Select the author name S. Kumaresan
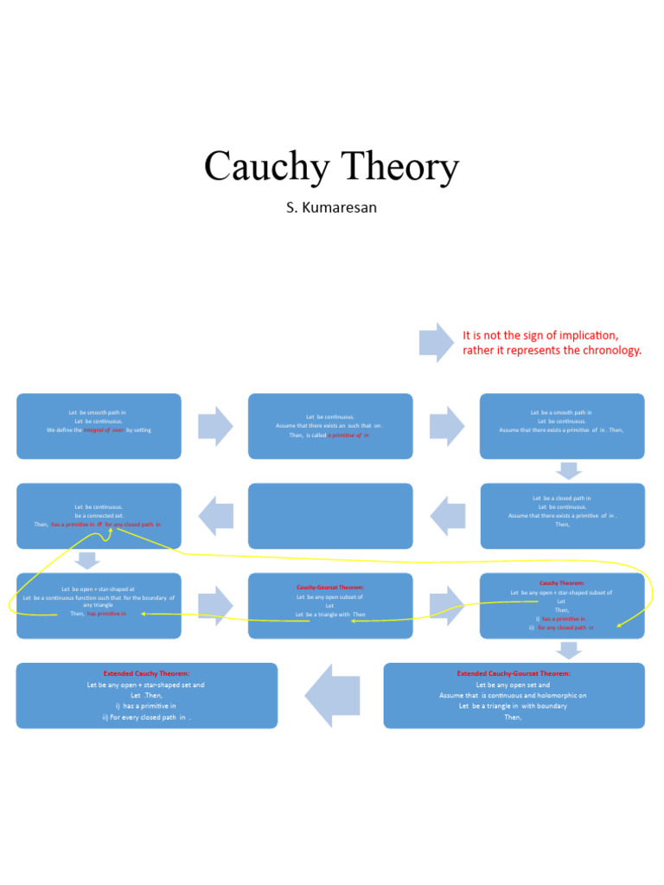[331, 208]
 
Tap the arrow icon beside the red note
[437, 342]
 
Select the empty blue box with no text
[330, 516]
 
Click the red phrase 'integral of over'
[104, 430]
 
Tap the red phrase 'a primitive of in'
[348, 435]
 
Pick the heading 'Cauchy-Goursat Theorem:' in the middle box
[330, 588]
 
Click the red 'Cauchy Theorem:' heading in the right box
[562, 583]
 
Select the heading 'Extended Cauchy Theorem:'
[146, 673]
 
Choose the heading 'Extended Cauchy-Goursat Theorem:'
[514, 673]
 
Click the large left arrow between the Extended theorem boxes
[332, 695]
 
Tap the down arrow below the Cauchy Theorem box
[569, 650]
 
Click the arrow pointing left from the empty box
[216, 516]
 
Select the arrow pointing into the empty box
[448, 516]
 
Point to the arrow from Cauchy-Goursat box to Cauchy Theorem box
[447, 605]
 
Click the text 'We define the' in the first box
[65, 430]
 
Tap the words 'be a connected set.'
[99, 516]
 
